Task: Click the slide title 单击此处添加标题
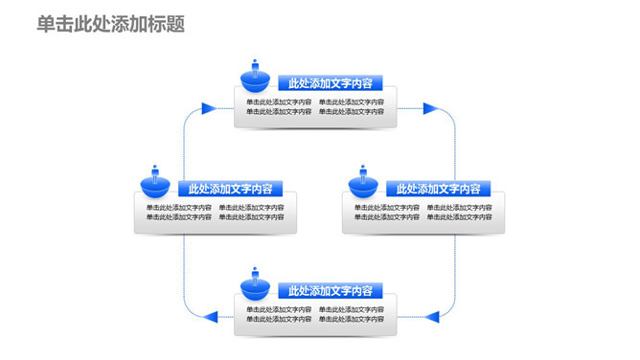(111, 24)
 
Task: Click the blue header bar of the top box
(330, 82)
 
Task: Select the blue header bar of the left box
(230, 189)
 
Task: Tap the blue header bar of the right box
(438, 189)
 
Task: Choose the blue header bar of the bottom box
(330, 291)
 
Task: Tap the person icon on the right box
(363, 181)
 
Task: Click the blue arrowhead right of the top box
(431, 108)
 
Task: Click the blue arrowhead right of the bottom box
(431, 315)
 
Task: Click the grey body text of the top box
(315, 106)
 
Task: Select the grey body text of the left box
(216, 212)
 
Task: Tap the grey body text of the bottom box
(315, 314)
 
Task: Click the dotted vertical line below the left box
(184, 273)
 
